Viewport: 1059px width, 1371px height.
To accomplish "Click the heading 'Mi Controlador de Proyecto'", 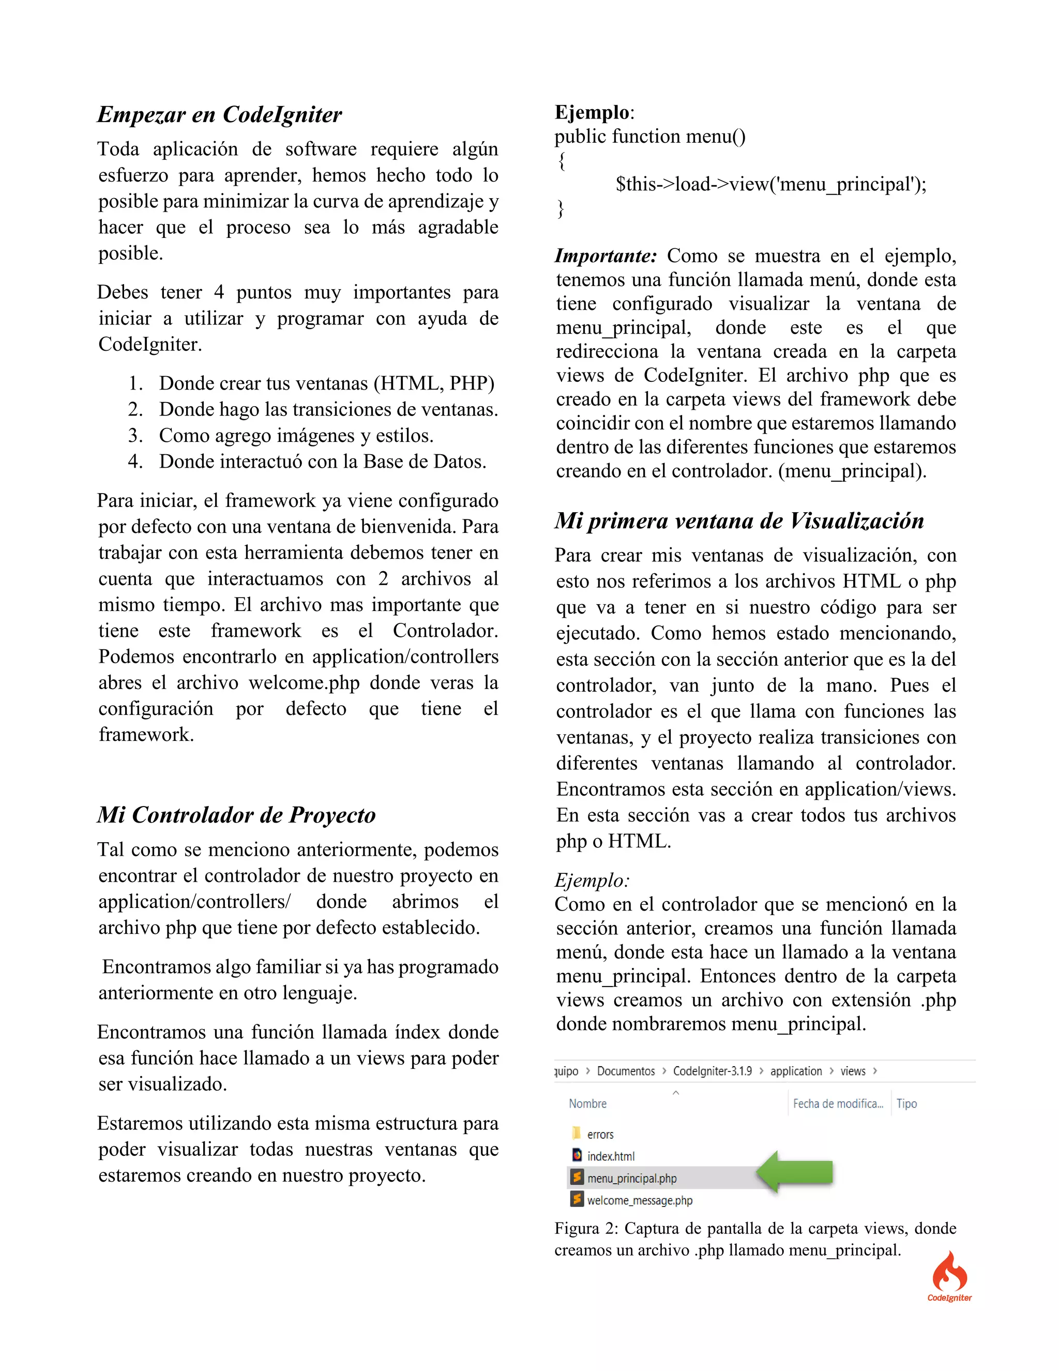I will (x=236, y=815).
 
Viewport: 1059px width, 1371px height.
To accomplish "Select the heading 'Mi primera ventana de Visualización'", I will (x=738, y=520).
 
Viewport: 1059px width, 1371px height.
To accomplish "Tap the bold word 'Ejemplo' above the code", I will (x=592, y=112).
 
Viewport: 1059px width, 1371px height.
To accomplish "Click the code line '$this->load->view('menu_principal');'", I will (x=770, y=184).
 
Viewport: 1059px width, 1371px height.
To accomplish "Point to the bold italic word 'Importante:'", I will (x=605, y=256).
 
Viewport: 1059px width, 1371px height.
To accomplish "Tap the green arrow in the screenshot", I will (x=794, y=1172).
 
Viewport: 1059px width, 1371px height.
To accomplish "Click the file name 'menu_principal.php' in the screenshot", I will (x=631, y=1178).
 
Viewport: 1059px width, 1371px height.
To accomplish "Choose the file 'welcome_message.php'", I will (x=639, y=1200).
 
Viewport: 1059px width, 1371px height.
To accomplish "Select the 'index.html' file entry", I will (x=611, y=1156).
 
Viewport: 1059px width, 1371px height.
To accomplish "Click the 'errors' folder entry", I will (x=600, y=1135).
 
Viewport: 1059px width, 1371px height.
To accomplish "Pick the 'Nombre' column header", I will (x=587, y=1104).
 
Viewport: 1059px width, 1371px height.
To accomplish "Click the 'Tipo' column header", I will (x=906, y=1104).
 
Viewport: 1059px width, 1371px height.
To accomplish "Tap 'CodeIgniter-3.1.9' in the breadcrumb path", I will (x=712, y=1071).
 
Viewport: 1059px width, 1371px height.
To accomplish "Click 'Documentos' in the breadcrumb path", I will (x=626, y=1071).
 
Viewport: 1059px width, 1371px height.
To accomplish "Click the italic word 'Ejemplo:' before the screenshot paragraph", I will (x=591, y=880).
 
